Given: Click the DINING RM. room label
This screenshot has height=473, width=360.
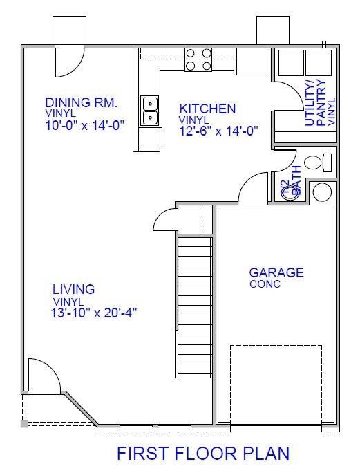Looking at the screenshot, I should pos(82,102).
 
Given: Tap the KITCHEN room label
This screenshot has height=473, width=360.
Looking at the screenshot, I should pos(207,109).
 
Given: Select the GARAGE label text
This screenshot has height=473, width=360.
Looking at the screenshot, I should pos(276,272).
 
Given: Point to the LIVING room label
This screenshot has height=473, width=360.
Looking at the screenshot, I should pos(74,290).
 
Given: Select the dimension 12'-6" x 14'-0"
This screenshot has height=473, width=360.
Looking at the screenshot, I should pos(219,131).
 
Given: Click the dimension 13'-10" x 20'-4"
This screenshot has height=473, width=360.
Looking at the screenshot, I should pos(95,313).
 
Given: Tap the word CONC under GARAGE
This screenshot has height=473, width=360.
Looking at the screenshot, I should pos(265,284).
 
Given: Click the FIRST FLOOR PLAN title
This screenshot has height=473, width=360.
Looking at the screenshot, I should pos(202,454).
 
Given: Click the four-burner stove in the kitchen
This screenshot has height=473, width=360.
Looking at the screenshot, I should pos(198,60).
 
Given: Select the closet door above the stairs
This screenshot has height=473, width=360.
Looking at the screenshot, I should pos(167,221).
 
